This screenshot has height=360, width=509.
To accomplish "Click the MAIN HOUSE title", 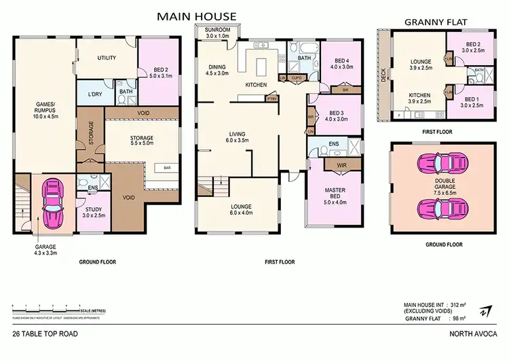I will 197,16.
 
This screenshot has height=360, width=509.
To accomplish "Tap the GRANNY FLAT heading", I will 434,22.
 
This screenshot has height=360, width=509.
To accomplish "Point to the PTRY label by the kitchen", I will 271,99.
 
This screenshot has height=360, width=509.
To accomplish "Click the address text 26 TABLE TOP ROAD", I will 45,334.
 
